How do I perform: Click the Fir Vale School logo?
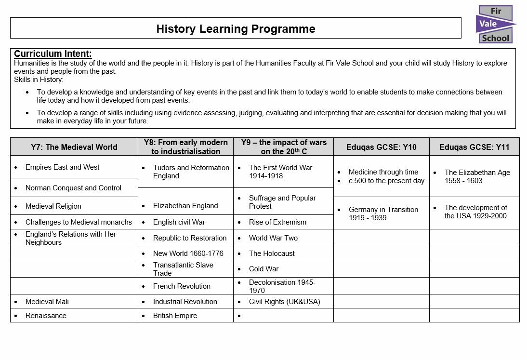click(495, 25)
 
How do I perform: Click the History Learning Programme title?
click(236, 29)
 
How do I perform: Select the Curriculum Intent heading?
click(53, 54)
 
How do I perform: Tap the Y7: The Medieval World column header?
click(74, 147)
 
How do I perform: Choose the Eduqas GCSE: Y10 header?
click(381, 147)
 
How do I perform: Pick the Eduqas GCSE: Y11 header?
click(474, 147)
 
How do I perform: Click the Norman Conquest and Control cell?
click(73, 188)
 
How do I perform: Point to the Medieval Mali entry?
click(47, 302)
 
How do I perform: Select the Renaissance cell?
click(46, 316)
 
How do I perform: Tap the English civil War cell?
click(179, 222)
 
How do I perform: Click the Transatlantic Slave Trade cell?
click(183, 269)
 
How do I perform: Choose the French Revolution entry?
click(182, 286)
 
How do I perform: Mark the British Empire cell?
click(175, 316)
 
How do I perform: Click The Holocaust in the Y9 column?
click(272, 253)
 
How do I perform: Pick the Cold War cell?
click(263, 269)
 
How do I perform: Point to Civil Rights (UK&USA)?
click(284, 302)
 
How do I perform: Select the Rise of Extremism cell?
click(277, 222)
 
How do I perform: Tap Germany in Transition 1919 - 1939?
click(383, 213)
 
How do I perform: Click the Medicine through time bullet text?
click(383, 172)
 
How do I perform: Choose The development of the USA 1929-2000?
click(475, 212)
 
